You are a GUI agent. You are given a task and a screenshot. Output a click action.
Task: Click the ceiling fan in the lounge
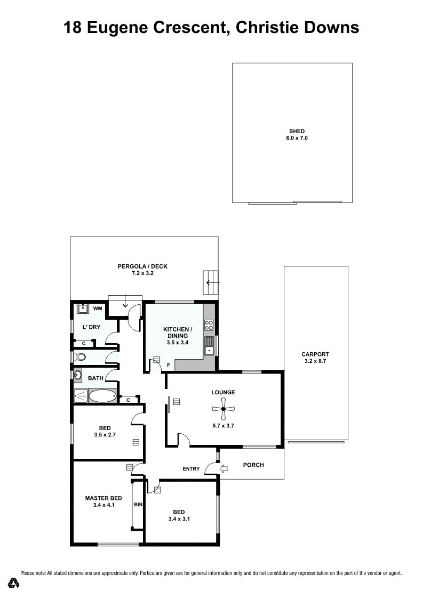click(223, 409)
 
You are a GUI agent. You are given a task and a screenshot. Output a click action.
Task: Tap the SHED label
click(297, 131)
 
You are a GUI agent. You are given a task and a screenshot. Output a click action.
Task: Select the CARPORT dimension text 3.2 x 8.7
click(315, 361)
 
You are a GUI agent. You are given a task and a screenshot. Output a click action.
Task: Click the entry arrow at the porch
click(224, 468)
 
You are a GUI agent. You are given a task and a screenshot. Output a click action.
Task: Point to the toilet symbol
click(79, 356)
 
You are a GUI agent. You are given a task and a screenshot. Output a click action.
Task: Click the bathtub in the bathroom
click(102, 396)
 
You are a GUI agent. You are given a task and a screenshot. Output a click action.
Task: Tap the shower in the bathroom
click(81, 396)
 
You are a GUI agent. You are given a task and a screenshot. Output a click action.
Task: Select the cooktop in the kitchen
click(209, 325)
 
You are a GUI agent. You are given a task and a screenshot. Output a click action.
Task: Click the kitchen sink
click(209, 346)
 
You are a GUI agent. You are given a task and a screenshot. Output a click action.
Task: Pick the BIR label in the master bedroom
click(138, 505)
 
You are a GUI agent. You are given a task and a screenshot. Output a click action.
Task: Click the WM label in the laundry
click(98, 309)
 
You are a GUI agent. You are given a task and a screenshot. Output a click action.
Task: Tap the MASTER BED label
click(103, 498)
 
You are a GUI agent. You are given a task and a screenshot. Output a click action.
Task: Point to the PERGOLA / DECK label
click(142, 266)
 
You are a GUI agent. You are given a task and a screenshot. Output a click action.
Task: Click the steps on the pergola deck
click(210, 283)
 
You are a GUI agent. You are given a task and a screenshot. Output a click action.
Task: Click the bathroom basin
click(78, 375)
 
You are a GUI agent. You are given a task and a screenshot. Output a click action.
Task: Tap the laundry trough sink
click(83, 309)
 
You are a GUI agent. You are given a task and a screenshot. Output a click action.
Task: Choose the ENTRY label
click(191, 469)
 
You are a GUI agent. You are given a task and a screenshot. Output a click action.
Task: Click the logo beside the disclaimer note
click(14, 583)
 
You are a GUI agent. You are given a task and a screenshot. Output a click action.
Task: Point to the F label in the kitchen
click(168, 366)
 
